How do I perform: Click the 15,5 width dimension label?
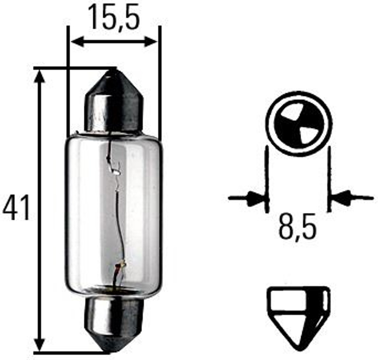point(114,18)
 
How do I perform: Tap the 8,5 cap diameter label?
point(298,227)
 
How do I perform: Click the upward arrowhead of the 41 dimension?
point(39,76)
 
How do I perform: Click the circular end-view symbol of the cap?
point(299,124)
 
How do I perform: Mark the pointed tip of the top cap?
point(113,71)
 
